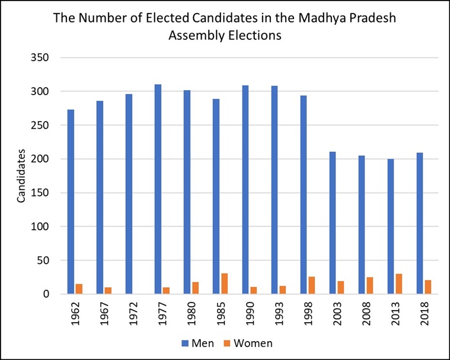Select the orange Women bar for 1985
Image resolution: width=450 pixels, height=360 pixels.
[224, 283]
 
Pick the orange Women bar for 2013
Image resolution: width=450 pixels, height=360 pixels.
[398, 284]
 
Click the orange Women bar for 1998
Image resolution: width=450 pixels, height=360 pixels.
[311, 285]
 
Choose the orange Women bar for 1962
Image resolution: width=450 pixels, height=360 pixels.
[79, 289]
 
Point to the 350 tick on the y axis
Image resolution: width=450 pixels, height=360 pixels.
[40, 58]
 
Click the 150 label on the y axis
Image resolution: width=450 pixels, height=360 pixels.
[40, 193]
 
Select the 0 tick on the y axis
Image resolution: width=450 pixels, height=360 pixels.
[45, 294]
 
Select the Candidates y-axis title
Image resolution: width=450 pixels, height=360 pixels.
[21, 176]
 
